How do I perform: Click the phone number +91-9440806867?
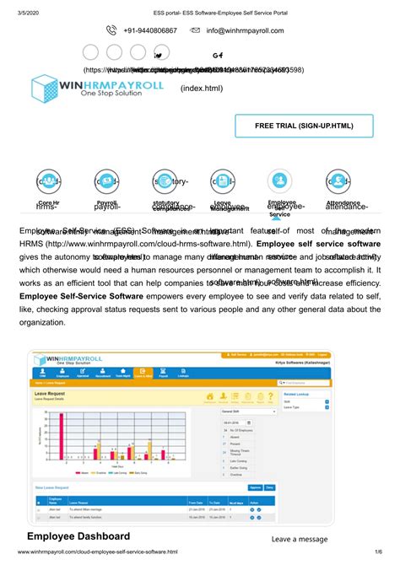[x=150, y=30]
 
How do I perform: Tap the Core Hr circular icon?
[x=49, y=181]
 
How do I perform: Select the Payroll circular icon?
[x=107, y=181]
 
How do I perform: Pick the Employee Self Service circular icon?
[x=279, y=180]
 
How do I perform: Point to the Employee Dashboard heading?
[x=78, y=536]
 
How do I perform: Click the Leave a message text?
[x=300, y=539]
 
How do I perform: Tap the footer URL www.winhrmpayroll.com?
[x=97, y=552]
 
